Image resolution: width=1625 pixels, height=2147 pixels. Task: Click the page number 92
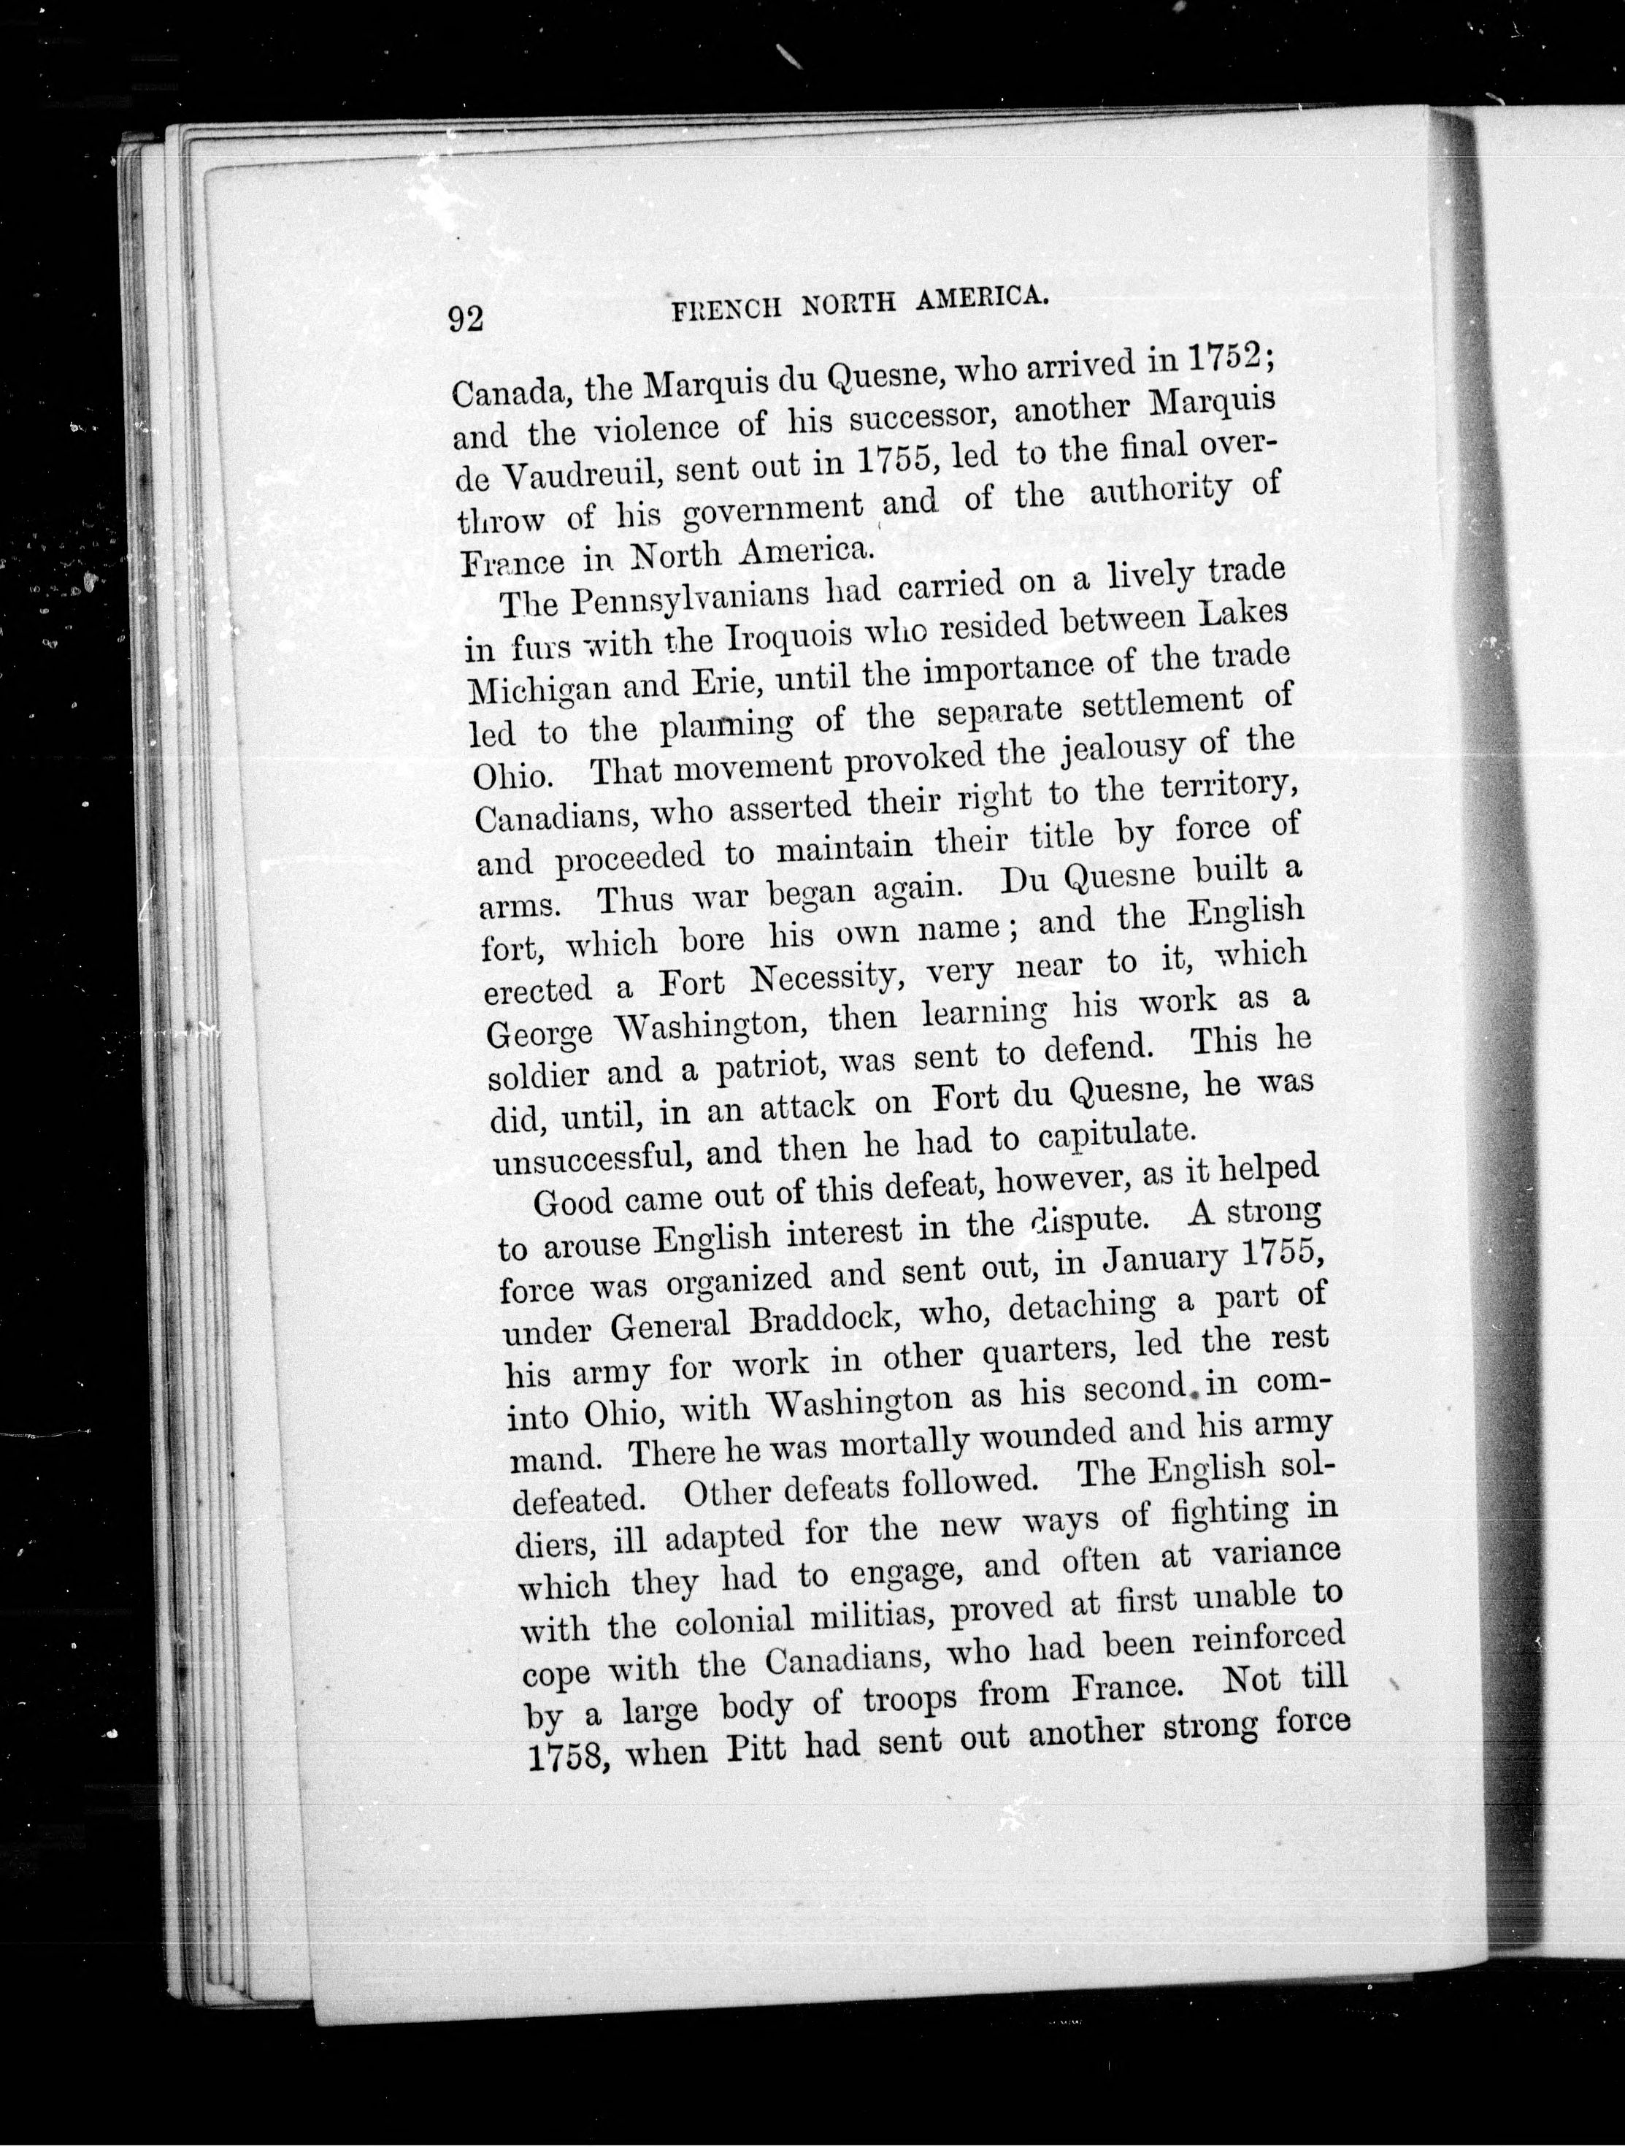[465, 318]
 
